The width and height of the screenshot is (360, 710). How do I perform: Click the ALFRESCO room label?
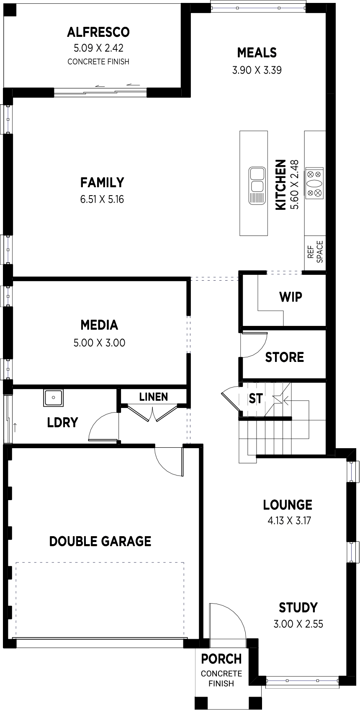[98, 32]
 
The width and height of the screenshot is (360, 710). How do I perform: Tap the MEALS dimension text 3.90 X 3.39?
[257, 70]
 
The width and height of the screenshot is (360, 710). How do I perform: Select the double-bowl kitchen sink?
[257, 186]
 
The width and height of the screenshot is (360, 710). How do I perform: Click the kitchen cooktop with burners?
[314, 183]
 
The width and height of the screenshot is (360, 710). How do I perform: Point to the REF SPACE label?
[315, 252]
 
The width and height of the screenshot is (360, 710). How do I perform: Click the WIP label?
[291, 297]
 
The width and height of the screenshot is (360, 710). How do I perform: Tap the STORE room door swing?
[254, 345]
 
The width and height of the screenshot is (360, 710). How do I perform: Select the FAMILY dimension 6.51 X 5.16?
[102, 199]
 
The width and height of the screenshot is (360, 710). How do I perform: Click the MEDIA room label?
[100, 325]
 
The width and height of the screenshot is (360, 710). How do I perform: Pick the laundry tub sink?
[54, 398]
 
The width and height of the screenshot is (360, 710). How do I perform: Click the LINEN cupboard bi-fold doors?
[153, 413]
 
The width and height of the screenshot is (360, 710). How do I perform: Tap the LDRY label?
[62, 423]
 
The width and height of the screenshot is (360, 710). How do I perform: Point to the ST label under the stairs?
[255, 399]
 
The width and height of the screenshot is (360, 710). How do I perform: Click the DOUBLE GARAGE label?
[100, 541]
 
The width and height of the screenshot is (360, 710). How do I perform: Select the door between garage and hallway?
[169, 461]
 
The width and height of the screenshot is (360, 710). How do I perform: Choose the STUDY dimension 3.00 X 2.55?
[298, 624]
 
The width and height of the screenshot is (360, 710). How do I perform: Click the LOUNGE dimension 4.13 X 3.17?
[289, 520]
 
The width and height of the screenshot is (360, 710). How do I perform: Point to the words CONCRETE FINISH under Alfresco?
[98, 62]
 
